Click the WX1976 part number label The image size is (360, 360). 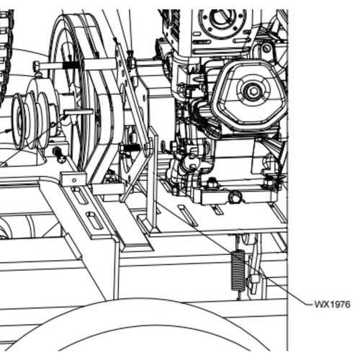[x=332, y=305]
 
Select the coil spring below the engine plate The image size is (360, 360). [x=238, y=270]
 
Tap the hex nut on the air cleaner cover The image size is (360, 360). [x=252, y=91]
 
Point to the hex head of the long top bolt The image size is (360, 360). [x=37, y=66]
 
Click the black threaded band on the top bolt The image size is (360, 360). [x=71, y=65]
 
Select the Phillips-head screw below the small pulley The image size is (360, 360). [x=62, y=158]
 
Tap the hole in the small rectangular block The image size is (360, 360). [x=74, y=180]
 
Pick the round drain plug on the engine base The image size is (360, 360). [x=235, y=197]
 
